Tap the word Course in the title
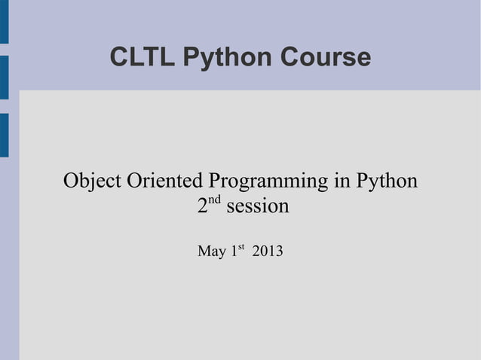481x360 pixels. click(x=328, y=57)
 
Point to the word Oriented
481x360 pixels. click(x=165, y=182)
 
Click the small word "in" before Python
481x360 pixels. click(x=337, y=182)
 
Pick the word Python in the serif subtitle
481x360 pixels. click(x=385, y=183)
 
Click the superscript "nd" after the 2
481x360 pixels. click(x=215, y=200)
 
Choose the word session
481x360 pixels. click(x=257, y=206)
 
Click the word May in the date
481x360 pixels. click(x=212, y=252)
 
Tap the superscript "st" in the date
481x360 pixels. click(x=242, y=246)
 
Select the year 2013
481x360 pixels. click(x=268, y=251)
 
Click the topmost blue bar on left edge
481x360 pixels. click(x=4, y=21)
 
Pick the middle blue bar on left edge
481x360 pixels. click(x=4, y=78)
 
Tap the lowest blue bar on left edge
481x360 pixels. click(x=4, y=135)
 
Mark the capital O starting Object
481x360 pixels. click(x=72, y=182)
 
